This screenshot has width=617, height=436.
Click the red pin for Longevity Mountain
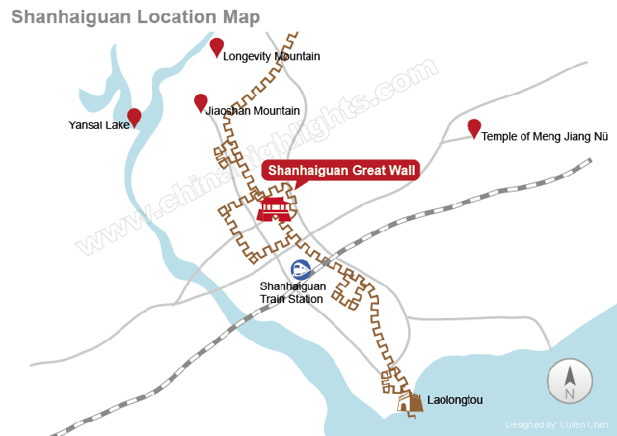click(x=216, y=47)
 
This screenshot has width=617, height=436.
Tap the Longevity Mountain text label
click(x=271, y=57)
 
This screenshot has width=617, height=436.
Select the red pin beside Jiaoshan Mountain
click(x=201, y=102)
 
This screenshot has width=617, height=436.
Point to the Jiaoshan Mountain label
click(x=252, y=111)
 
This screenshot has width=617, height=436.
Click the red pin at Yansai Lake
click(x=134, y=117)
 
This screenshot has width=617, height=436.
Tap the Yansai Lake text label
click(x=99, y=126)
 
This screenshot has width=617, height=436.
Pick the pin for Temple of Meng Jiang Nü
click(x=474, y=128)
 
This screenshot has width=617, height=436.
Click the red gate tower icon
click(x=273, y=207)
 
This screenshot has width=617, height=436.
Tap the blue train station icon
click(x=301, y=269)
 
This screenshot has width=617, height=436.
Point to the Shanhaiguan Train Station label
click(x=293, y=292)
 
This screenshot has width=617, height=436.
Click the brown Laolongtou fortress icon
click(x=410, y=402)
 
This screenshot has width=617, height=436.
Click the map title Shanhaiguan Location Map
click(x=135, y=17)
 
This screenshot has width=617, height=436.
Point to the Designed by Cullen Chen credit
click(x=557, y=424)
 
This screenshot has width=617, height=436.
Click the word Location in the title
click(x=169, y=17)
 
